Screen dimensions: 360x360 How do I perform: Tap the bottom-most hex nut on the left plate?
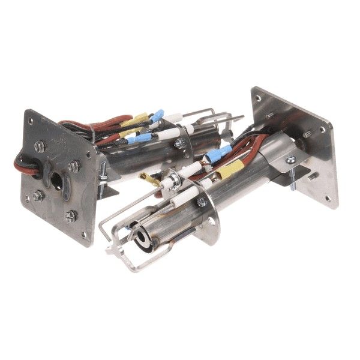(71, 214)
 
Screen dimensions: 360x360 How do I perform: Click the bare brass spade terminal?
(146, 178)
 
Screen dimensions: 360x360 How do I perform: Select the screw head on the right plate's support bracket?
(290, 159)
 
